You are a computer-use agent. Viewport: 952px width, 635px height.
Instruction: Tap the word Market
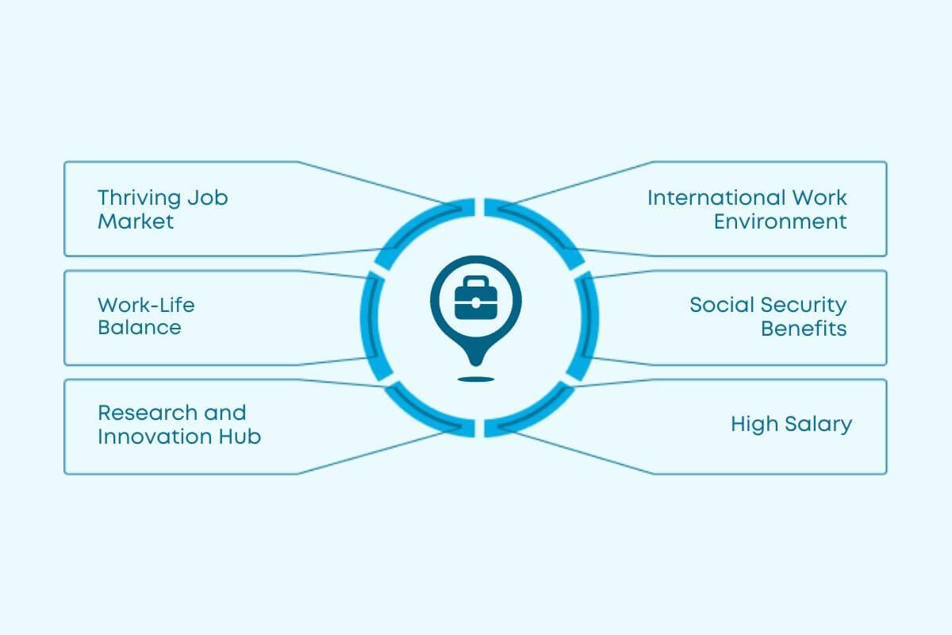coord(135,221)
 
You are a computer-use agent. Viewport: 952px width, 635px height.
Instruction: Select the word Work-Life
coord(146,304)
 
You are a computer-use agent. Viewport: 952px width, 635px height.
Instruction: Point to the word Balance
coord(139,327)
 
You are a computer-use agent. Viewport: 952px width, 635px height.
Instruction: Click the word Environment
coord(781,221)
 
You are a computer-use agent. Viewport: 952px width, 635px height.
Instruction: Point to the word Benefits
coord(804,328)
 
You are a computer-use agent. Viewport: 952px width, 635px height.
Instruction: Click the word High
coord(753,424)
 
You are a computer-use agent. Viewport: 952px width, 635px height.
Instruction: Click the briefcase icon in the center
coord(475,297)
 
